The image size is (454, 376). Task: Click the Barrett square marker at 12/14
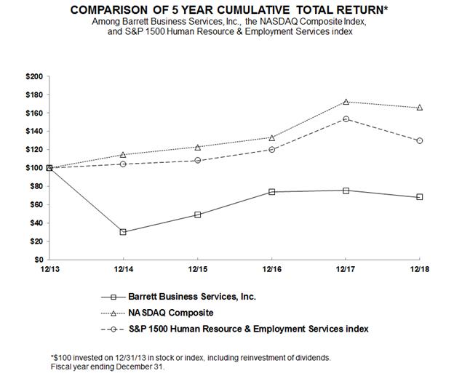click(x=123, y=232)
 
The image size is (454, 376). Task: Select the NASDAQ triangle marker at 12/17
click(x=346, y=102)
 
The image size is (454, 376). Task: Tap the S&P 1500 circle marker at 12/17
click(x=346, y=119)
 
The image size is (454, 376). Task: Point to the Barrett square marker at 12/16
click(x=271, y=192)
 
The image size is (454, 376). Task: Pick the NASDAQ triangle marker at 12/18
click(x=420, y=108)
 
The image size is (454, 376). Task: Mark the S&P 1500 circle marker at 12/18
click(x=420, y=140)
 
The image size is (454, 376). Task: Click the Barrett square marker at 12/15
click(x=197, y=215)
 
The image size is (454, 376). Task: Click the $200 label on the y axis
click(x=33, y=76)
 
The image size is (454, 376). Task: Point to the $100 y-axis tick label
click(x=33, y=168)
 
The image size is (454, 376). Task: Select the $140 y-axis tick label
click(x=33, y=132)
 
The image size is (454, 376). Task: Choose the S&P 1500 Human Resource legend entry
click(x=248, y=329)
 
